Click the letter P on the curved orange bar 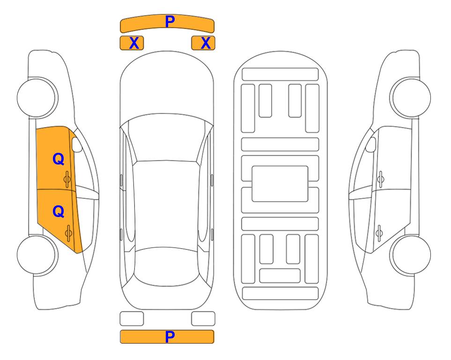[170, 22]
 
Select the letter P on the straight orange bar [170, 337]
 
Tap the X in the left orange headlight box [134, 43]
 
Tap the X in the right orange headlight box [206, 43]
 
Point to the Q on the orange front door [59, 159]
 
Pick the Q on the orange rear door [59, 212]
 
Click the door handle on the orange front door [67, 179]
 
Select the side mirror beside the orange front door [77, 144]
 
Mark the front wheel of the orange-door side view [37, 98]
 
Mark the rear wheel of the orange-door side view [37, 255]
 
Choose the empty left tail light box [132, 319]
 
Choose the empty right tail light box [203, 319]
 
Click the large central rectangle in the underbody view [280, 184]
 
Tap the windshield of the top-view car [167, 138]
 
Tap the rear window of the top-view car [167, 266]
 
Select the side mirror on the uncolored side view [371, 144]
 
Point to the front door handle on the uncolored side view [381, 179]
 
